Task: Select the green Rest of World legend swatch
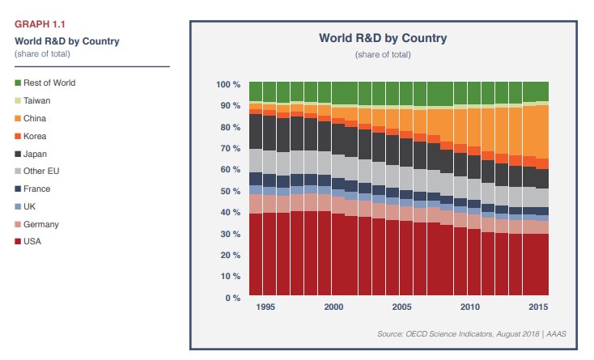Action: click(x=18, y=83)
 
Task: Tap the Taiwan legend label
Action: click(x=36, y=100)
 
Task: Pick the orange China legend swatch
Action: click(x=18, y=118)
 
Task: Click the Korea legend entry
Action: click(x=35, y=136)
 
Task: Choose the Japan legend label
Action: click(x=36, y=154)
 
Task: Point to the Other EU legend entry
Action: click(x=40, y=172)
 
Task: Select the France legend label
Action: click(x=37, y=188)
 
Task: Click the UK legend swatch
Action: click(x=18, y=206)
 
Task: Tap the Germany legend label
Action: click(x=41, y=224)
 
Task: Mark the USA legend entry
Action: click(x=33, y=242)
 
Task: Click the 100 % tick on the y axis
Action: click(x=228, y=85)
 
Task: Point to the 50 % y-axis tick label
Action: click(x=231, y=192)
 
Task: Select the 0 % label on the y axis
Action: click(x=233, y=299)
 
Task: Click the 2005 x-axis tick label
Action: click(x=401, y=308)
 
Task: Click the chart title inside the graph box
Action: click(x=383, y=38)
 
